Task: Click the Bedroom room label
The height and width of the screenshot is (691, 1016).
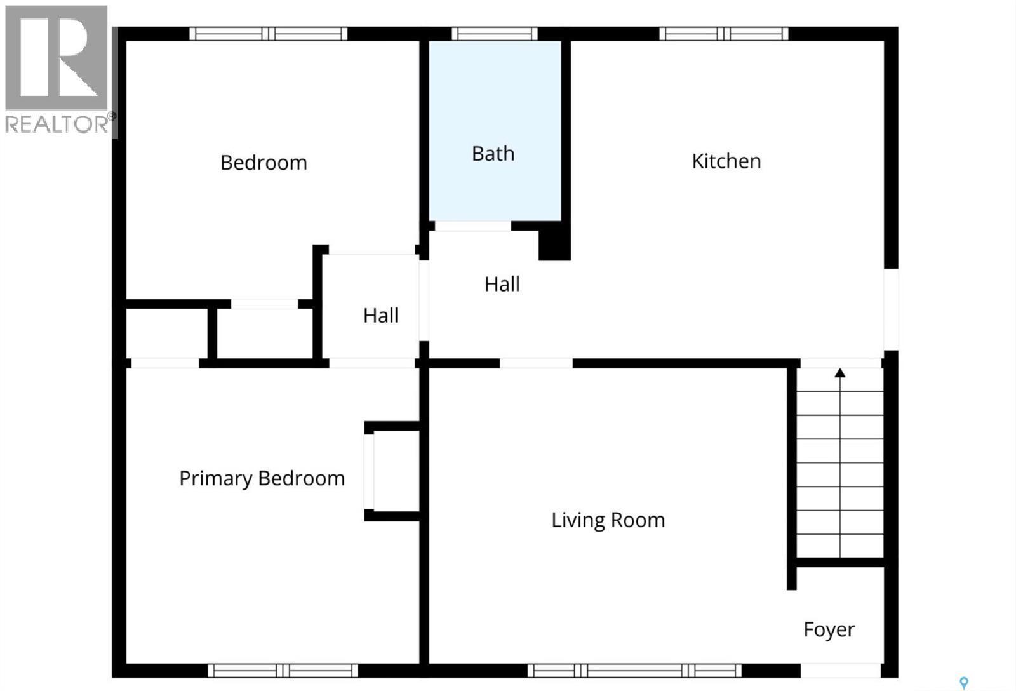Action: tap(264, 163)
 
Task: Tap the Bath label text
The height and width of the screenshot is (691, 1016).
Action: tap(493, 154)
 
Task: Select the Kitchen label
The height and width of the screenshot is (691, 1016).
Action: tap(726, 161)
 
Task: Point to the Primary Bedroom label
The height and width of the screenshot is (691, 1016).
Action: tap(262, 478)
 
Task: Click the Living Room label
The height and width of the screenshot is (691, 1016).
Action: tap(608, 520)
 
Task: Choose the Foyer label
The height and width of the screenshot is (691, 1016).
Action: tap(829, 629)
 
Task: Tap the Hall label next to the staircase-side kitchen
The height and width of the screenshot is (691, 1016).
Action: tap(502, 284)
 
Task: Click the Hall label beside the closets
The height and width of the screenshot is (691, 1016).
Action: tap(380, 316)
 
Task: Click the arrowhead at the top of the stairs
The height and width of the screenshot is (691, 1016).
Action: tap(840, 373)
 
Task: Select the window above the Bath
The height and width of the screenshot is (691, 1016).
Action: tap(495, 34)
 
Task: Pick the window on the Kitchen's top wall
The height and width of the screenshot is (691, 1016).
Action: tap(723, 34)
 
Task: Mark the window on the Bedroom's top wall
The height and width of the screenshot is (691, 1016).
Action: tap(268, 34)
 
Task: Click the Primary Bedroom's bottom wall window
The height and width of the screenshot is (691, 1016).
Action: tap(283, 670)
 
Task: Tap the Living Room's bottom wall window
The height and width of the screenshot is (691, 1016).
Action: tap(634, 670)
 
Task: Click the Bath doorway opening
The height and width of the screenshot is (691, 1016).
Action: tap(472, 226)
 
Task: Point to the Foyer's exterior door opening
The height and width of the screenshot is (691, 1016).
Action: tap(840, 670)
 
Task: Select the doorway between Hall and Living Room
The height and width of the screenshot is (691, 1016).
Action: tap(536, 363)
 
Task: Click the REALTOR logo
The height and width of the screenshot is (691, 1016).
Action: tap(57, 70)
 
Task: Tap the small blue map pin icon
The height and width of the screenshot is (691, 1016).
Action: tap(964, 683)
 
